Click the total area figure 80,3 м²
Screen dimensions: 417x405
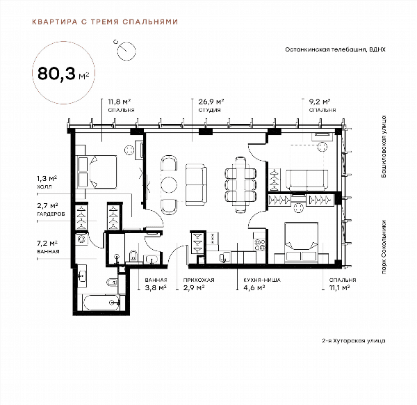click(63, 74)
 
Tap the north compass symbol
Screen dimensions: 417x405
click(126, 51)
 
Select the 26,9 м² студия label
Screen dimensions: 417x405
click(211, 106)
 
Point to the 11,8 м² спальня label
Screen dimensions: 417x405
click(121, 106)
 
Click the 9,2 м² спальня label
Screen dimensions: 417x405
click(322, 106)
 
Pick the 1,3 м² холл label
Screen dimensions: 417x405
click(47, 182)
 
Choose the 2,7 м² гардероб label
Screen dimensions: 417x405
click(51, 209)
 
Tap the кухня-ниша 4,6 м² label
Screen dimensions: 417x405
click(262, 284)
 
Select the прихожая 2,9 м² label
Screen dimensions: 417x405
click(199, 284)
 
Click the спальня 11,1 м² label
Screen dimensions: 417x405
click(343, 284)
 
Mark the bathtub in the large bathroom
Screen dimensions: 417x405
click(101, 302)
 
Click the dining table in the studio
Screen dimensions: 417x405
click(240, 185)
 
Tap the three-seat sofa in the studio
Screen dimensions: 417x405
click(196, 184)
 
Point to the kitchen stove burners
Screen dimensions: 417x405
click(260, 245)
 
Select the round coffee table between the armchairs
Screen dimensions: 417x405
click(169, 184)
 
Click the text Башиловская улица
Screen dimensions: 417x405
click(383, 146)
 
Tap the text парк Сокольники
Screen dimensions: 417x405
click(383, 247)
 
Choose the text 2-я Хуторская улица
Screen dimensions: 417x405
click(354, 340)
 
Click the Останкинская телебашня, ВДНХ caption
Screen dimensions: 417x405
click(335, 49)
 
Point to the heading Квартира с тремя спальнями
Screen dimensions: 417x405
click(105, 22)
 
